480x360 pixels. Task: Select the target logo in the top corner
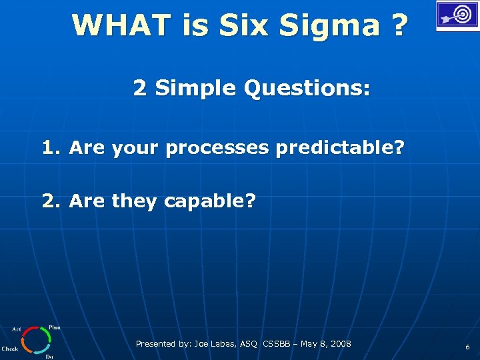click(457, 15)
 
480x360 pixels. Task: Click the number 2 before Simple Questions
click(139, 87)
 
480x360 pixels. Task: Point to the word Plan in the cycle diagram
click(55, 327)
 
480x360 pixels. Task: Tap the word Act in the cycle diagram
click(17, 329)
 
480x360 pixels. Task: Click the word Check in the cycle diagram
click(10, 349)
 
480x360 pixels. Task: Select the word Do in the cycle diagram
click(49, 357)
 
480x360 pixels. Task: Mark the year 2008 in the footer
click(339, 344)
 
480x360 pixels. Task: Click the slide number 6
click(467, 347)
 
